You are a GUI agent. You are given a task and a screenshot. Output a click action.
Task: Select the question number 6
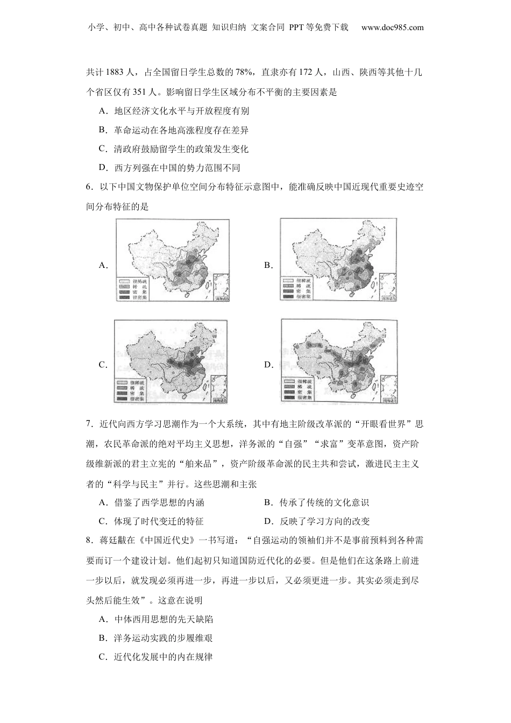coord(88,187)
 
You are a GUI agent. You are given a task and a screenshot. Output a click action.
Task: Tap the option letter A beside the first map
coord(103,265)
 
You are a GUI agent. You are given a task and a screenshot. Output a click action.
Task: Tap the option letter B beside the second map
coord(268,265)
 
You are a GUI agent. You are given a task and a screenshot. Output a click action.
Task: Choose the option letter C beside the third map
coord(103,365)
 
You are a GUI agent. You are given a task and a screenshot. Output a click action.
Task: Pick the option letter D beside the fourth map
coord(268,365)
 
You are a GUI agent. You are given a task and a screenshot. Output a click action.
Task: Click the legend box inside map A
coord(133,289)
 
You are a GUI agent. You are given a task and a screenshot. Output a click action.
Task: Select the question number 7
coord(88,424)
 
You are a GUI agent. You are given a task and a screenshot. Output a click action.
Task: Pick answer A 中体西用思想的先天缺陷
coord(157,619)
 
